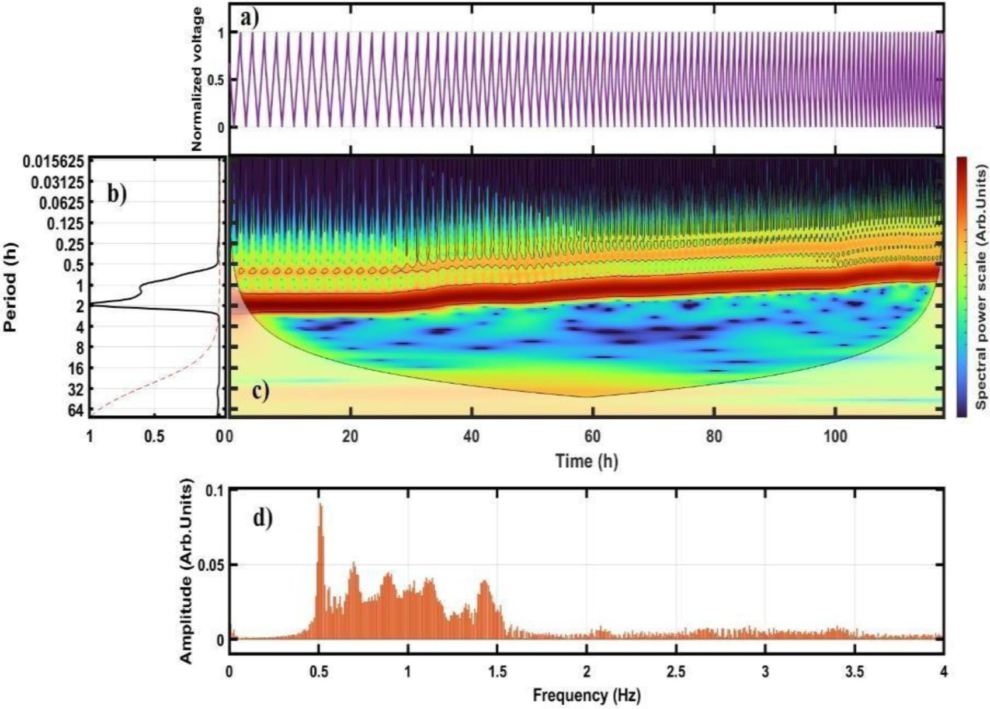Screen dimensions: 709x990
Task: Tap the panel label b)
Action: (x=117, y=193)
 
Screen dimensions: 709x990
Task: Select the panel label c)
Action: (x=260, y=391)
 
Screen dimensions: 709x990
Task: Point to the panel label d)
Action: (x=262, y=518)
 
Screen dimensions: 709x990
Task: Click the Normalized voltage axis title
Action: (x=197, y=79)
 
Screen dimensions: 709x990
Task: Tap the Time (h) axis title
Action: (x=586, y=461)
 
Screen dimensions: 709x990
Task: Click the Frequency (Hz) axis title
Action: (x=586, y=696)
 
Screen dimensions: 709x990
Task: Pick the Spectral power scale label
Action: (x=981, y=286)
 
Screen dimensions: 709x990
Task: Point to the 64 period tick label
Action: (x=75, y=410)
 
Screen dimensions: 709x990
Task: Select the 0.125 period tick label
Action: (x=67, y=223)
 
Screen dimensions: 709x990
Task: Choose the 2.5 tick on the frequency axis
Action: (x=676, y=672)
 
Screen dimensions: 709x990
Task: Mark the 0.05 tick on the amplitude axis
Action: (x=211, y=565)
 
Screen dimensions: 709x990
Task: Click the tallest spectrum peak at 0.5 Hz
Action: (x=320, y=506)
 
